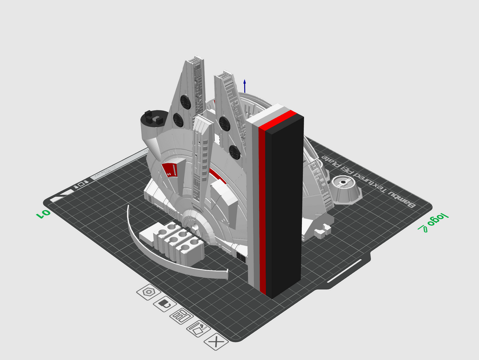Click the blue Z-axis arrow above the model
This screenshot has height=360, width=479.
244,87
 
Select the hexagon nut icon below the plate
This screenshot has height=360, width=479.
149,292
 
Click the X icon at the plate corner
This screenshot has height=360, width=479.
216,342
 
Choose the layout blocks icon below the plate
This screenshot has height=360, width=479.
181,316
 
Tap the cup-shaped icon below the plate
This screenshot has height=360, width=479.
165,304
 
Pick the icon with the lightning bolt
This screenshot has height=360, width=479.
198,329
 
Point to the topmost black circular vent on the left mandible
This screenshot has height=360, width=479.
186,102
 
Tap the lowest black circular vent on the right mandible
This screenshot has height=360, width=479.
234,152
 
